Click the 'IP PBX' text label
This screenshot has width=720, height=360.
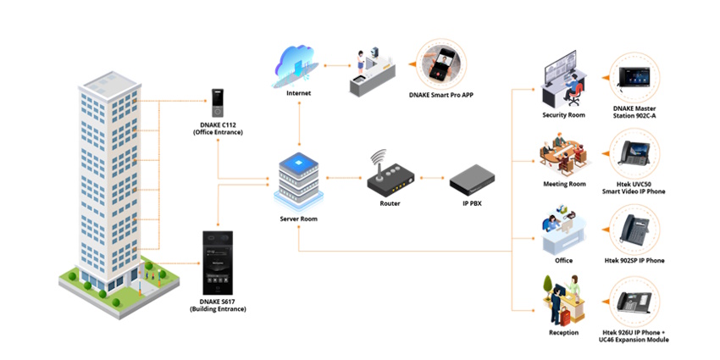[x=474, y=204]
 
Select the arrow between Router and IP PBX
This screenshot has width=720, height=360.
[x=431, y=179]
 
